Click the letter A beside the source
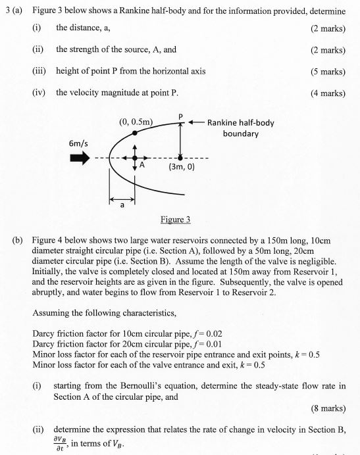141,167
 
